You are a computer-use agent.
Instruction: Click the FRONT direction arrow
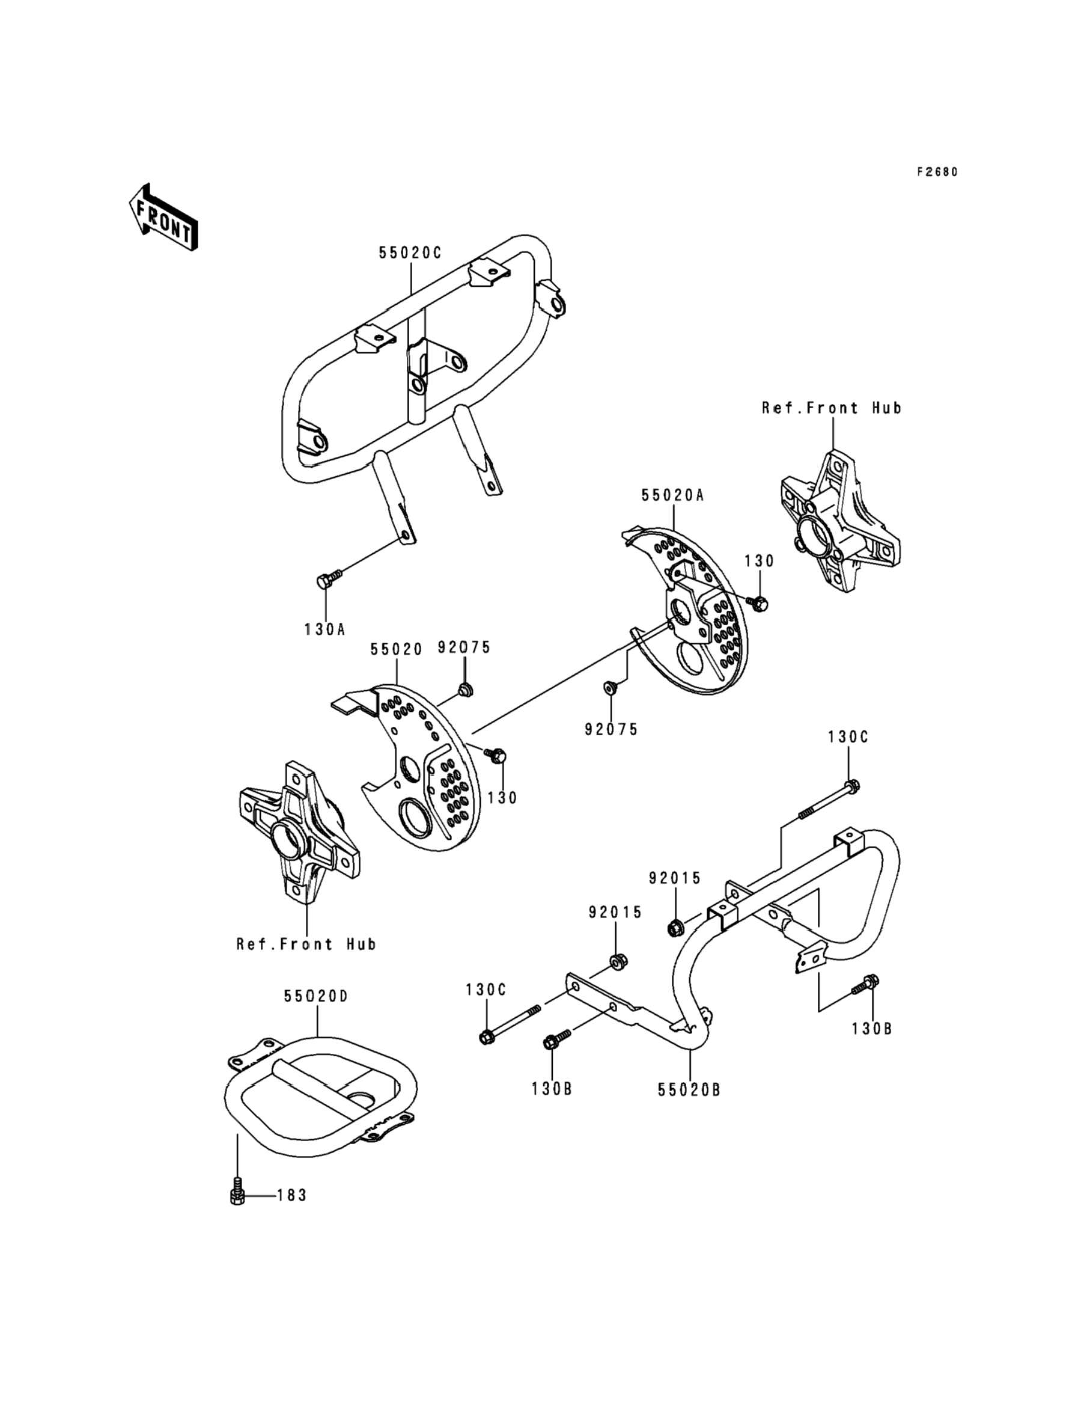[x=163, y=217]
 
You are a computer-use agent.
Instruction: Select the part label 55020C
[x=410, y=253]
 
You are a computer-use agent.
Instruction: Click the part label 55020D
[x=316, y=996]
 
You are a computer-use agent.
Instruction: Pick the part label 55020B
[x=689, y=1089]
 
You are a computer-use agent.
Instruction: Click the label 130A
[x=325, y=629]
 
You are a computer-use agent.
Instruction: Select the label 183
[x=291, y=1195]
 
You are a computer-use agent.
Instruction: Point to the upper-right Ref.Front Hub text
[x=832, y=408]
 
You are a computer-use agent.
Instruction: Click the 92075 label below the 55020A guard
[x=611, y=729]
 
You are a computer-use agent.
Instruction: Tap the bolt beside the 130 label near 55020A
[x=758, y=603]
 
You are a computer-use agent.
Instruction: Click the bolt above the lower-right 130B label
[x=865, y=1002]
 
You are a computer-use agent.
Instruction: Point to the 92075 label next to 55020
[x=464, y=647]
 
